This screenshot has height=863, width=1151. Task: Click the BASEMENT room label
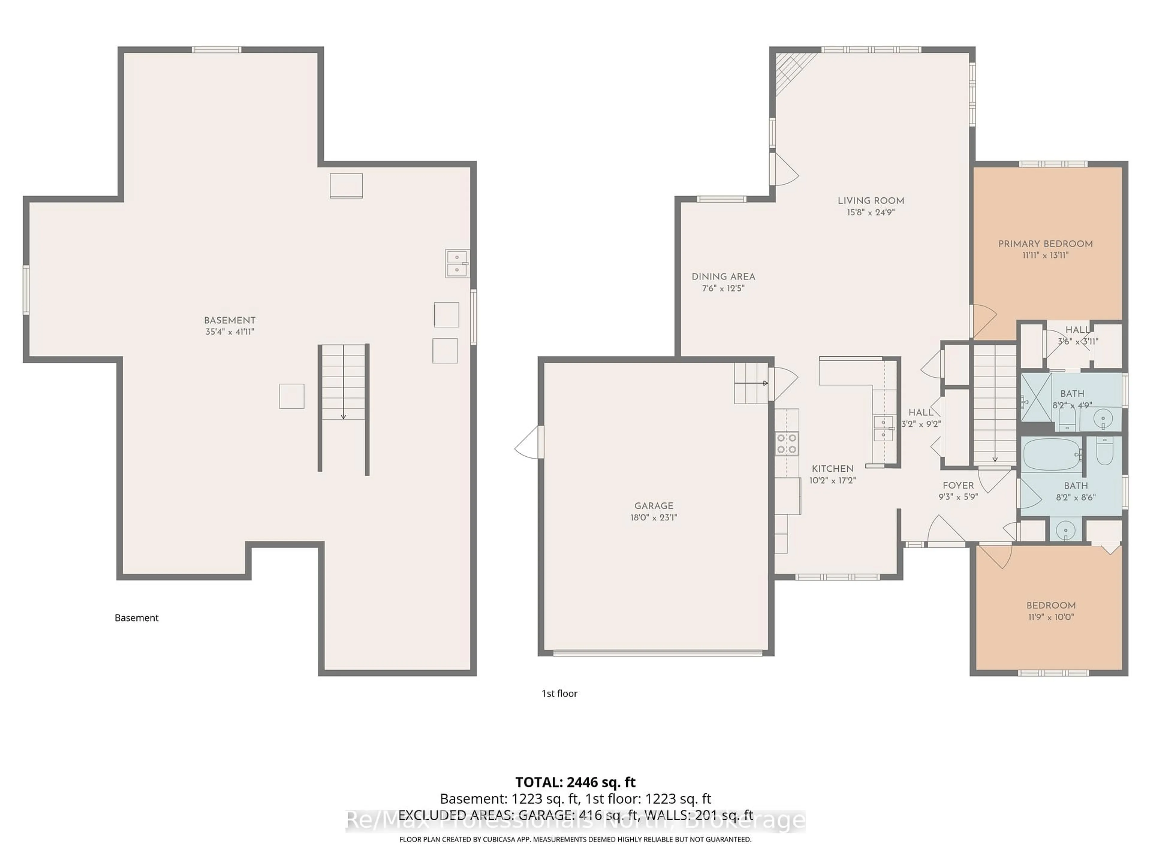[x=230, y=320]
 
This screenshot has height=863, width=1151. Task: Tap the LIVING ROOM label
[x=870, y=201]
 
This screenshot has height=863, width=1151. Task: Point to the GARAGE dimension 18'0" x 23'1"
[x=653, y=518]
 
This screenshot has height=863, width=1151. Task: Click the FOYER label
[x=958, y=485]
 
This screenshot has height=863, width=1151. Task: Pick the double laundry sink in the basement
[x=457, y=264]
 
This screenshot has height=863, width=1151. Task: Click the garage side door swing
[x=528, y=442]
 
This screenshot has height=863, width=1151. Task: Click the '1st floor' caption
[x=559, y=693]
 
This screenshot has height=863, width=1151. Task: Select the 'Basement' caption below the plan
[x=136, y=618]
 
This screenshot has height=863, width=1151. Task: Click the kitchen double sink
[x=883, y=428]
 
